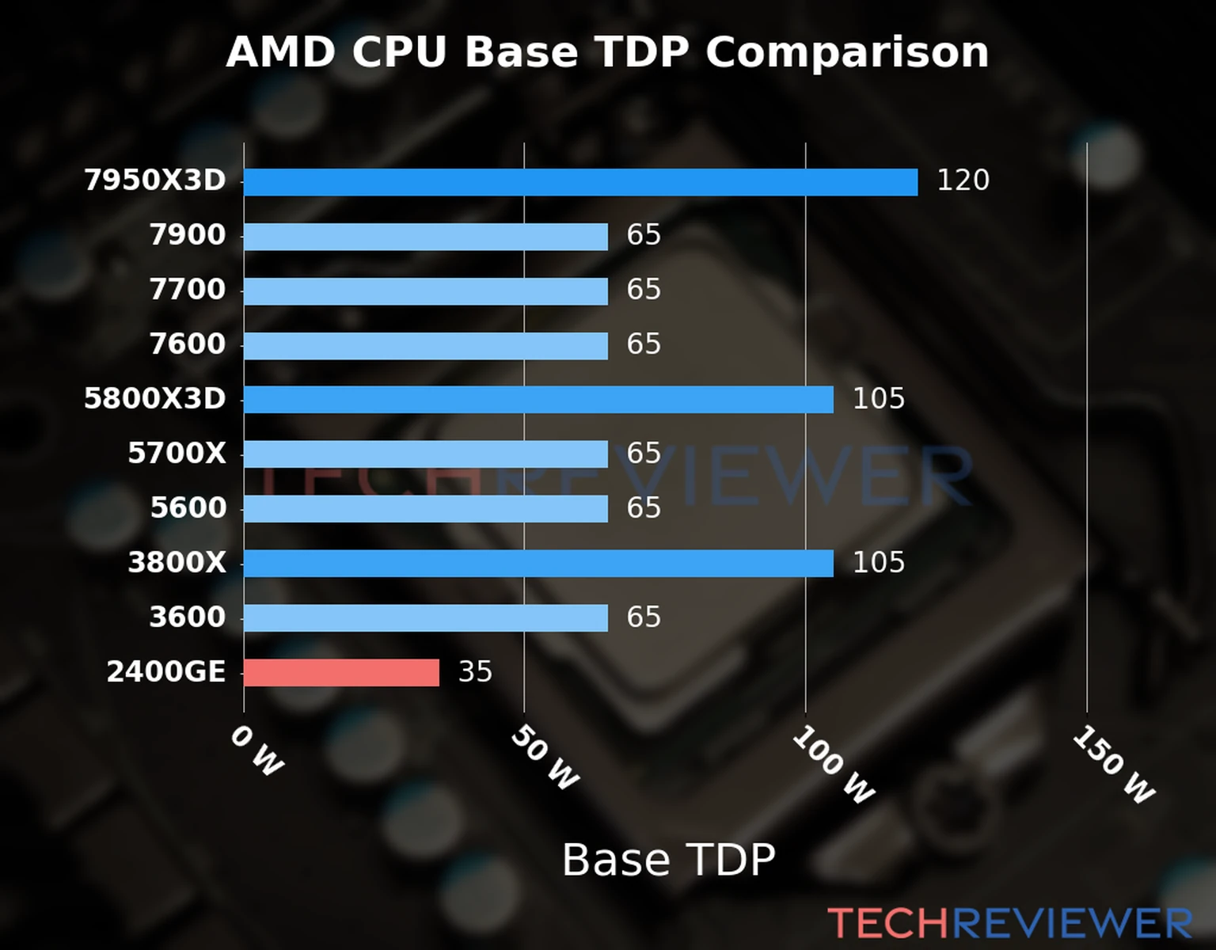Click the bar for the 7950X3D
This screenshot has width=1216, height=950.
click(580, 182)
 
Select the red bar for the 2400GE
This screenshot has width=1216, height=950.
click(341, 673)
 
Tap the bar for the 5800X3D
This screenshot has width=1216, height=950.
click(538, 400)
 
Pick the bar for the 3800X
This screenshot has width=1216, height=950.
click(538, 564)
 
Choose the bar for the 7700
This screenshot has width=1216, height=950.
click(426, 291)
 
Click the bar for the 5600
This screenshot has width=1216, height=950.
click(426, 509)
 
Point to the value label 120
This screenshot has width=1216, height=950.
click(963, 180)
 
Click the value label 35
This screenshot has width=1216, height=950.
click(475, 672)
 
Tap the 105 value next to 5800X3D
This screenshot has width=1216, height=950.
click(878, 399)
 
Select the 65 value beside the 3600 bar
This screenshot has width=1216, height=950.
click(644, 617)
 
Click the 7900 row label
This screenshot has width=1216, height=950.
click(188, 235)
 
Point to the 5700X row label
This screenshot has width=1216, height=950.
click(177, 454)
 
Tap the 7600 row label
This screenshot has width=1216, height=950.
click(188, 344)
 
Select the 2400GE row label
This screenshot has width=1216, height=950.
click(166, 672)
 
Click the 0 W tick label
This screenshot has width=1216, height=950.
click(256, 750)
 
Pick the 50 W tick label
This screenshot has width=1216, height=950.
click(545, 758)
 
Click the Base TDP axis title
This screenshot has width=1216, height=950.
click(668, 860)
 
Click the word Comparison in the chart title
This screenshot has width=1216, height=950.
click(846, 53)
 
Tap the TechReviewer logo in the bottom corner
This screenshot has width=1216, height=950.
click(1009, 923)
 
